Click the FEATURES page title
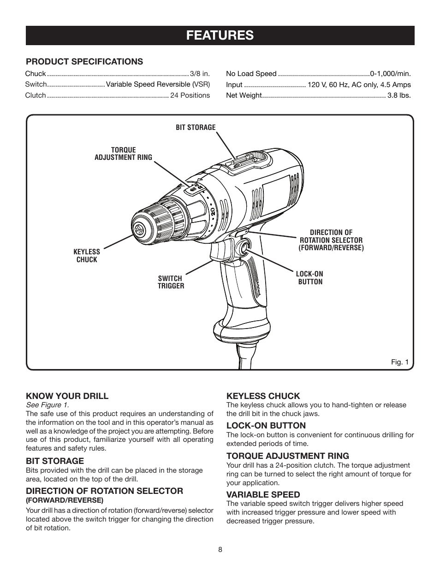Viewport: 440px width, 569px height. point(220,35)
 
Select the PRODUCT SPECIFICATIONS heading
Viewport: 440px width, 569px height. point(84,62)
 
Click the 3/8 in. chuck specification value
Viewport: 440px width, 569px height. point(200,74)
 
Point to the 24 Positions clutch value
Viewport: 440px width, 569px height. point(190,95)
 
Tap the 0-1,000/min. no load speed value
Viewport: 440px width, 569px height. point(390,74)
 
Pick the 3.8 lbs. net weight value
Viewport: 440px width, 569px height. point(399,95)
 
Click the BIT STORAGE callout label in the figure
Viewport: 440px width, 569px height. point(196,128)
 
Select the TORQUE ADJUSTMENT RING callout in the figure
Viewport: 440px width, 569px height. point(123,154)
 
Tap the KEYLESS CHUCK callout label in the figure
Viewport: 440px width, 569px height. point(87,256)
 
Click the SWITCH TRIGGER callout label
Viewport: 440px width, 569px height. point(171,282)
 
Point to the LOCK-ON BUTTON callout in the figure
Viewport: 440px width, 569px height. point(310,278)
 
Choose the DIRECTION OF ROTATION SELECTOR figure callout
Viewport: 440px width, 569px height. point(331,240)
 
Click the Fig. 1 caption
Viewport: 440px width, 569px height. point(400,362)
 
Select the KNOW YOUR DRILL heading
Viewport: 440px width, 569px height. point(67,396)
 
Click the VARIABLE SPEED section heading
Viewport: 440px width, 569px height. point(263,495)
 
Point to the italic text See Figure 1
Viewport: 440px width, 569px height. point(47,405)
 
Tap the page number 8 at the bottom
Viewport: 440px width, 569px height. point(220,550)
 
